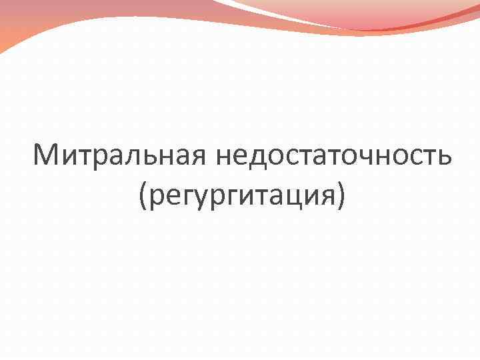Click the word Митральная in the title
pyautogui.click(x=121, y=157)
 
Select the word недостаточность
pyautogui.click(x=333, y=157)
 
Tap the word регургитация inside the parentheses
pyautogui.click(x=243, y=196)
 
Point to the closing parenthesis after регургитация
pyautogui.click(x=341, y=196)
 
